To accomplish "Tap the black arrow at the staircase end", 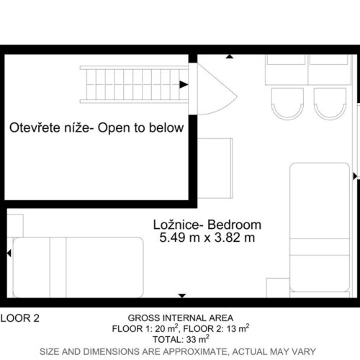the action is point(184,84).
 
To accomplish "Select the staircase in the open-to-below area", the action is point(134,84).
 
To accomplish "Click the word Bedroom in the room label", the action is point(234,225).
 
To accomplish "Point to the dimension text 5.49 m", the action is point(180,238).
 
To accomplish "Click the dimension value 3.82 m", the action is point(235,238).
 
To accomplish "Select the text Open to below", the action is point(140,128).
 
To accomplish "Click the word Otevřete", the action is point(35,127).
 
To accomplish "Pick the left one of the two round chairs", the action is point(287,104).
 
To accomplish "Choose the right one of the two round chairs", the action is point(330,104).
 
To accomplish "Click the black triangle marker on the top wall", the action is point(230,56).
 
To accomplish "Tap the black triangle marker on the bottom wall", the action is point(182,296).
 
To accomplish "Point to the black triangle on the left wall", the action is point(9,253).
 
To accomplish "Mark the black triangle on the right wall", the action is point(355,176).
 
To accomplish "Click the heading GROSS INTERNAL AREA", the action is point(181,318).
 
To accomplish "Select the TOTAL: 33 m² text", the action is point(181,339).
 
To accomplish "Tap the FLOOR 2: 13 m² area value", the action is point(216,328).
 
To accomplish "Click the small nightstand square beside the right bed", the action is point(279,288).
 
